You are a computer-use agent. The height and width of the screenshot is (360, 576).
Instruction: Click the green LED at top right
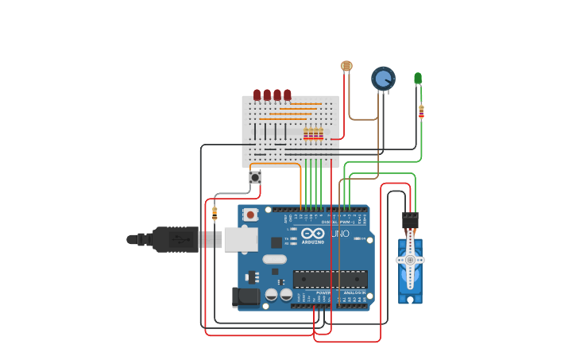click(x=418, y=78)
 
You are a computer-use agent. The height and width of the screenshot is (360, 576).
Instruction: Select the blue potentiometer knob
click(x=383, y=78)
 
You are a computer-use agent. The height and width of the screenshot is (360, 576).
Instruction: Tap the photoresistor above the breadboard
click(x=346, y=66)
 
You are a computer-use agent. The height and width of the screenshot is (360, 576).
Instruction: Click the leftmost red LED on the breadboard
click(x=257, y=95)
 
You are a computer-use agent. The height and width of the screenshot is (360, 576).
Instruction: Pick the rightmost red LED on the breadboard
click(x=288, y=95)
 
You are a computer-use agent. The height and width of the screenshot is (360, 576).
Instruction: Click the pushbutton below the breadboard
click(x=255, y=177)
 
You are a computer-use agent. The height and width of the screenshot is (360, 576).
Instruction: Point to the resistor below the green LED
click(x=421, y=111)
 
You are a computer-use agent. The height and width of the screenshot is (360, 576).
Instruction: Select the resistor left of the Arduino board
click(x=215, y=213)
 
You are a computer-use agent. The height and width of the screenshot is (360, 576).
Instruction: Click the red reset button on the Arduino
click(x=250, y=215)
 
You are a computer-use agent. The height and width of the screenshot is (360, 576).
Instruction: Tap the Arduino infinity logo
click(x=313, y=234)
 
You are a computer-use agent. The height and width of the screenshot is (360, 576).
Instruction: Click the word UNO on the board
click(x=340, y=234)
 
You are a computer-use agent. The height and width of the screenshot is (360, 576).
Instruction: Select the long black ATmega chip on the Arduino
click(x=330, y=279)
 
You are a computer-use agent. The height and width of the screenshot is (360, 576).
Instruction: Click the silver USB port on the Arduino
click(x=241, y=239)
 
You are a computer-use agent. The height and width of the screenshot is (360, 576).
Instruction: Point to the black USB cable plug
click(x=175, y=239)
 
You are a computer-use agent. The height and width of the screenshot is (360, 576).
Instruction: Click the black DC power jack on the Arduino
click(x=246, y=297)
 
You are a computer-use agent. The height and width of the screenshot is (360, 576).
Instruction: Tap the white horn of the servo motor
click(x=410, y=260)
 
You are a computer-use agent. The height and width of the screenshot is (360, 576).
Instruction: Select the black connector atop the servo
click(x=410, y=219)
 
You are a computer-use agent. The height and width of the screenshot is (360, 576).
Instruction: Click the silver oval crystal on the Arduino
click(x=274, y=259)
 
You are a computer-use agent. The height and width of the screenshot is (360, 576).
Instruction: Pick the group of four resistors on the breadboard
click(x=313, y=134)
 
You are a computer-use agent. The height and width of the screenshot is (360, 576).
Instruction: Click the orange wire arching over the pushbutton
click(x=274, y=164)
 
